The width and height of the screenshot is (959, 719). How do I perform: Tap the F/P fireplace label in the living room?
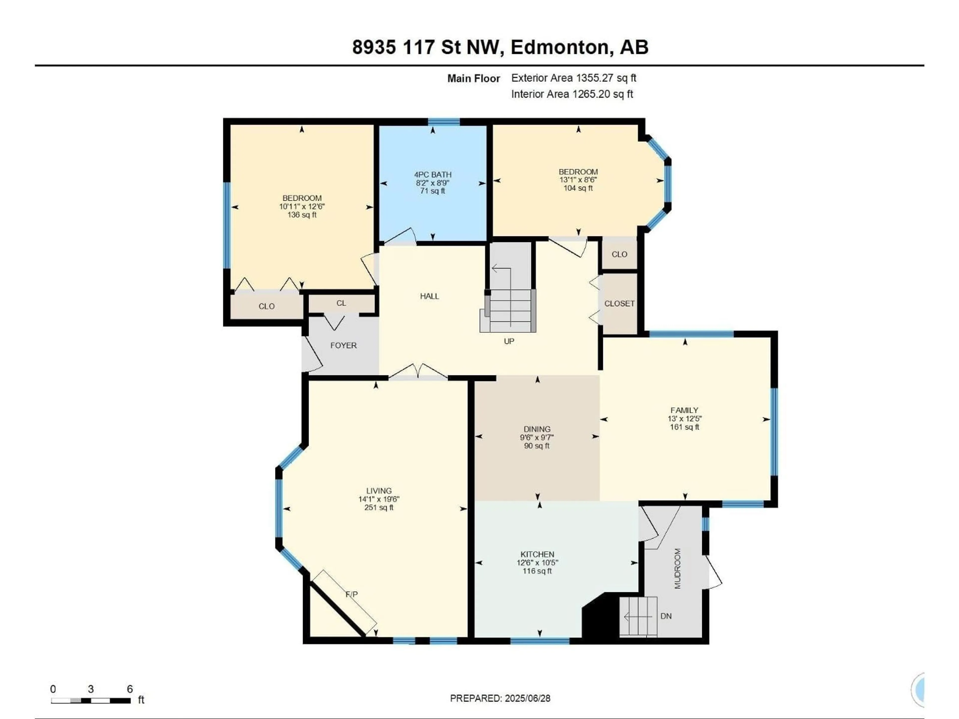(x=352, y=594)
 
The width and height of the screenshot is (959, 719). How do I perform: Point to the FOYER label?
(x=343, y=346)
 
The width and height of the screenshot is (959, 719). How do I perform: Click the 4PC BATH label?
(x=433, y=175)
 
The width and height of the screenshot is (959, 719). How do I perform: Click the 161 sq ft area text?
(x=685, y=427)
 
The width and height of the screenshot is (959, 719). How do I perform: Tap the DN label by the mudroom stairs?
(x=666, y=616)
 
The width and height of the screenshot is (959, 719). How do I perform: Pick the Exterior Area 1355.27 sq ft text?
(x=574, y=78)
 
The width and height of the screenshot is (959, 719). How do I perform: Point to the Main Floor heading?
(x=474, y=78)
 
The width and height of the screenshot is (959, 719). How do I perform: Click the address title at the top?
(x=500, y=47)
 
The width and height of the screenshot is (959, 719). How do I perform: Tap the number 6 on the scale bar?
(x=130, y=689)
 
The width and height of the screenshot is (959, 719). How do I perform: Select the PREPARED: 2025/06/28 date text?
(x=500, y=698)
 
